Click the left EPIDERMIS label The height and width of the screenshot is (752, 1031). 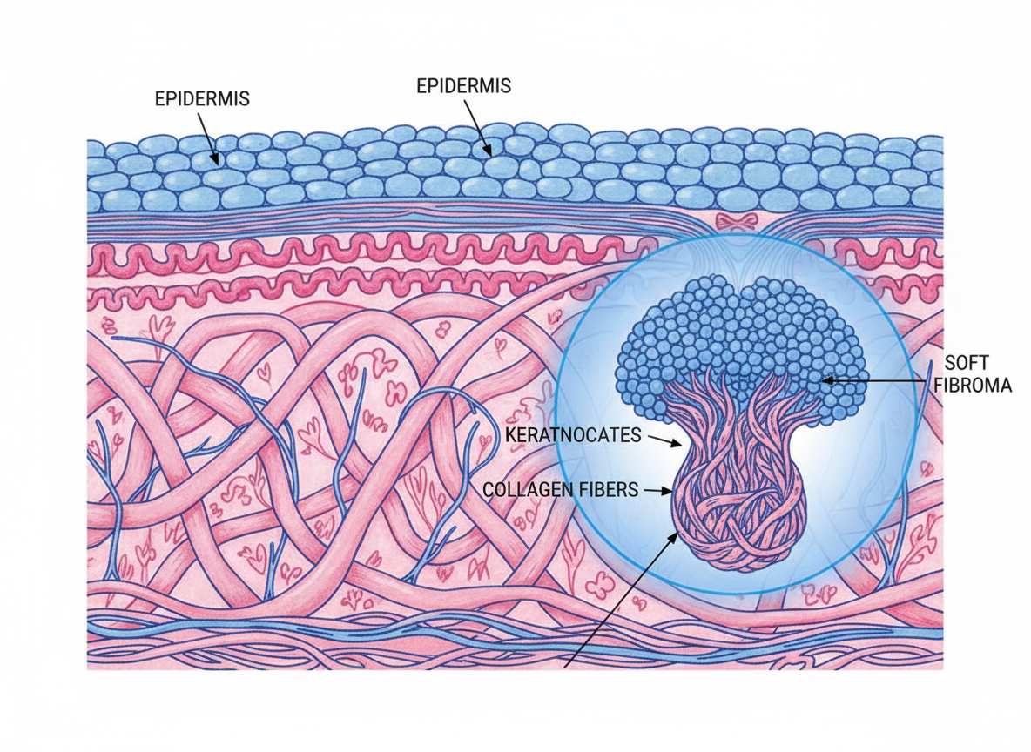(x=202, y=98)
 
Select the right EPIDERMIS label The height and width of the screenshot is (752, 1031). (x=463, y=86)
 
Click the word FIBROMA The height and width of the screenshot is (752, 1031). (x=978, y=385)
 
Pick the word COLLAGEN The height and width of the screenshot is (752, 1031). (x=529, y=490)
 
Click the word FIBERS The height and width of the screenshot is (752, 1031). (x=606, y=490)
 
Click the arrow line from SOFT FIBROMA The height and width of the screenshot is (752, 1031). (x=879, y=380)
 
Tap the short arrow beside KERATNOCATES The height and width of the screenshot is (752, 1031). (x=665, y=440)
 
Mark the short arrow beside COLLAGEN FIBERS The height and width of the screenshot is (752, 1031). (x=657, y=491)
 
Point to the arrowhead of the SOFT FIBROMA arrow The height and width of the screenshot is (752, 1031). (x=826, y=380)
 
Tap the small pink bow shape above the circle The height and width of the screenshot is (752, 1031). (x=737, y=221)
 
